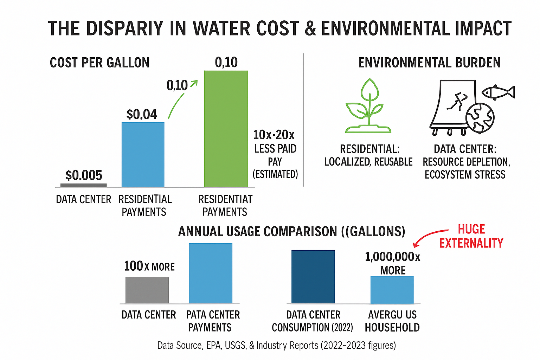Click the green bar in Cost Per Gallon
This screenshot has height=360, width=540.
coord(226,129)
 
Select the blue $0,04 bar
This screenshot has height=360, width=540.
coord(143,155)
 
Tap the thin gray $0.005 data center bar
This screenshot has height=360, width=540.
coord(83,185)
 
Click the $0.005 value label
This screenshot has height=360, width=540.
coord(84,175)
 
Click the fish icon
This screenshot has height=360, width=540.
coord(498,92)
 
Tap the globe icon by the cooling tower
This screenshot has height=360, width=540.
coord(480,118)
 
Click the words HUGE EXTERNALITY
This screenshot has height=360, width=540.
coord(471,236)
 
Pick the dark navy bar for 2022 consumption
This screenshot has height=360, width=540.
coord(313,277)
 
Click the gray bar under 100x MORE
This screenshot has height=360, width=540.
coord(147,290)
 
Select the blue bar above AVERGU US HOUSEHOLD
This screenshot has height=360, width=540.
coord(392,290)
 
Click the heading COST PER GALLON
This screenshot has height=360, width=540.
coord(99,63)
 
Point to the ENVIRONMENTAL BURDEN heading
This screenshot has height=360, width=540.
coord(429,63)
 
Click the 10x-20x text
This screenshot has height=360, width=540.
coord(274,135)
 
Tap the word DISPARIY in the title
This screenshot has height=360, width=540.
coord(124,28)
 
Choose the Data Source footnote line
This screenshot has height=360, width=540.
coord(276,345)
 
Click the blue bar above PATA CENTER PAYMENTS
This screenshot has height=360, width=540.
coord(210,273)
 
